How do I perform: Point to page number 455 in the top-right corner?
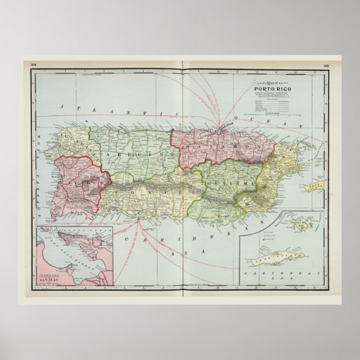tap(327, 66)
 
